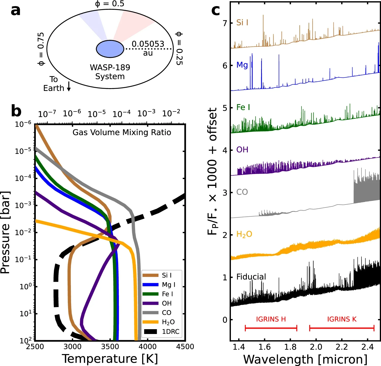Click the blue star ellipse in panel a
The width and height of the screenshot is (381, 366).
coord(110,49)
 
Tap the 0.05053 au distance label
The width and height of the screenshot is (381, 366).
coord(148,48)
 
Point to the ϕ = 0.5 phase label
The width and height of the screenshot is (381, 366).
coord(109,4)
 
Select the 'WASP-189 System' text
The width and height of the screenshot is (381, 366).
coord(110,72)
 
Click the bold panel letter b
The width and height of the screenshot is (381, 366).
coord(16,111)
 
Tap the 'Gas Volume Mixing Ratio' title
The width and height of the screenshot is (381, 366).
coord(122,132)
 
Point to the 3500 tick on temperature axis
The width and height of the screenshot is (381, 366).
coord(110,347)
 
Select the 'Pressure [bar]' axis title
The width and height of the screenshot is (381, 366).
coord(6,232)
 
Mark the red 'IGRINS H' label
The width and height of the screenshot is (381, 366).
coord(271,319)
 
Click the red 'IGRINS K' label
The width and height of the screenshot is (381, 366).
coord(342,319)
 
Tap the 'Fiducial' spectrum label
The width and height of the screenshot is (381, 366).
coord(251,277)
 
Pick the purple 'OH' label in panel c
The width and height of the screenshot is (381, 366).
coord(242,150)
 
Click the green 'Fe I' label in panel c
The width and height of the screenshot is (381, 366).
coord(243,107)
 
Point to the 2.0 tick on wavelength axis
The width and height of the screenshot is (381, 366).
coord(316,347)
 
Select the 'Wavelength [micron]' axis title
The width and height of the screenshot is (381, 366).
coord(305,359)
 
